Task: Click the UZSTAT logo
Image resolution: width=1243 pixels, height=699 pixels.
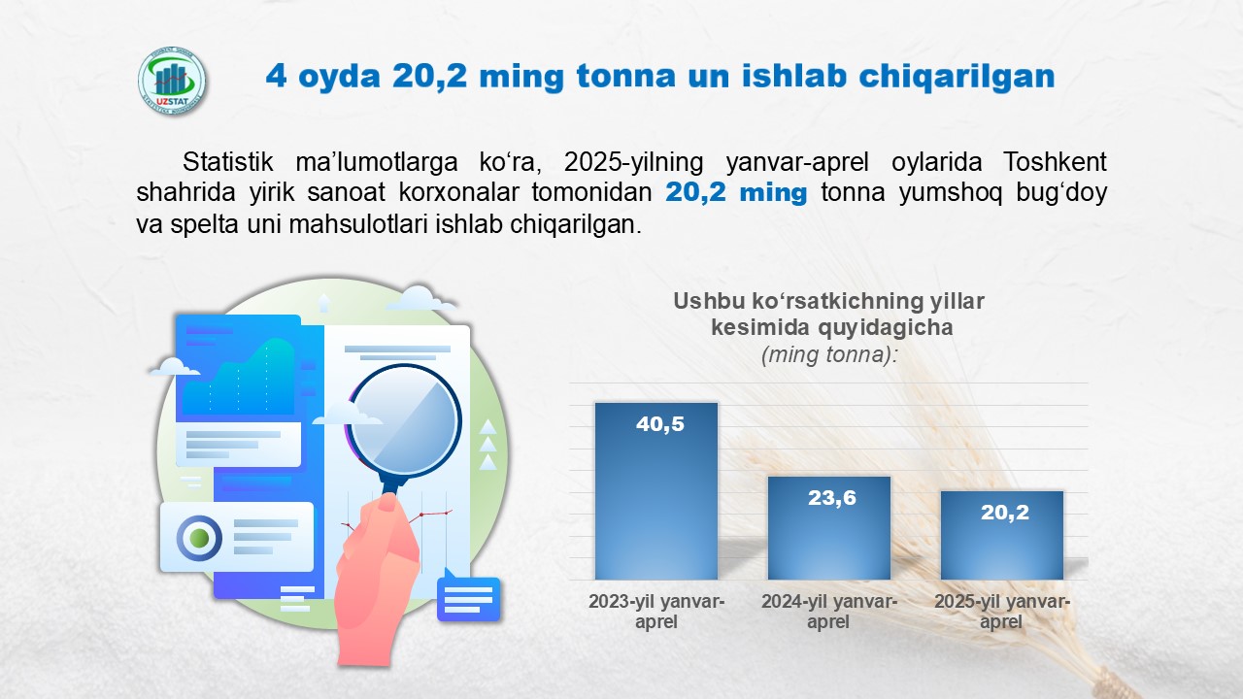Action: [x=172, y=81]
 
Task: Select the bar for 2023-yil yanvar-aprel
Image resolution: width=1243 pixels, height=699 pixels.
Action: [x=656, y=491]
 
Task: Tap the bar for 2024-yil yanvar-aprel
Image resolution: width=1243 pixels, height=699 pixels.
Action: [x=829, y=528]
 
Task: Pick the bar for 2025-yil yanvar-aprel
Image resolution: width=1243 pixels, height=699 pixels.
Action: [x=1002, y=535]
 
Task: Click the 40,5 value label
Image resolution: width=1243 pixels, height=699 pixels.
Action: [x=659, y=424]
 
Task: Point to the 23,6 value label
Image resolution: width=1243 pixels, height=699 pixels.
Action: [x=832, y=498]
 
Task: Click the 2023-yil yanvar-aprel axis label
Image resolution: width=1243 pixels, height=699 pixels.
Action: [x=656, y=612]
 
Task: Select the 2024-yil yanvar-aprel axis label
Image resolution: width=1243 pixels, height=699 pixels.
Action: [x=829, y=612]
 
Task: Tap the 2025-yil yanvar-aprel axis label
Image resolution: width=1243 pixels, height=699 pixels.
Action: [x=1002, y=612]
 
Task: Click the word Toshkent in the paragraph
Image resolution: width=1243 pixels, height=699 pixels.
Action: [x=1055, y=162]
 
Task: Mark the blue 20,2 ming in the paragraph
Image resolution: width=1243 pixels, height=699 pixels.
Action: [x=736, y=192]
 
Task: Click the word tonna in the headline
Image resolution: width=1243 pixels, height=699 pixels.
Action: [x=626, y=76]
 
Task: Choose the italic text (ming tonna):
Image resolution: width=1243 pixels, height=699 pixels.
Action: [x=829, y=354]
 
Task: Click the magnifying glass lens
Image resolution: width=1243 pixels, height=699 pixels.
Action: [x=405, y=420]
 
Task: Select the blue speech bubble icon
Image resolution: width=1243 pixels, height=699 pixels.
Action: [x=468, y=597]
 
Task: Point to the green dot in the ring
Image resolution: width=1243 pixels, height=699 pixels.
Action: [x=199, y=538]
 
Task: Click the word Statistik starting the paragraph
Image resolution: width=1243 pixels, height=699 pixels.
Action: [x=227, y=162]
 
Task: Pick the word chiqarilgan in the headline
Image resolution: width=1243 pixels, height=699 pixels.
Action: [x=957, y=76]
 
